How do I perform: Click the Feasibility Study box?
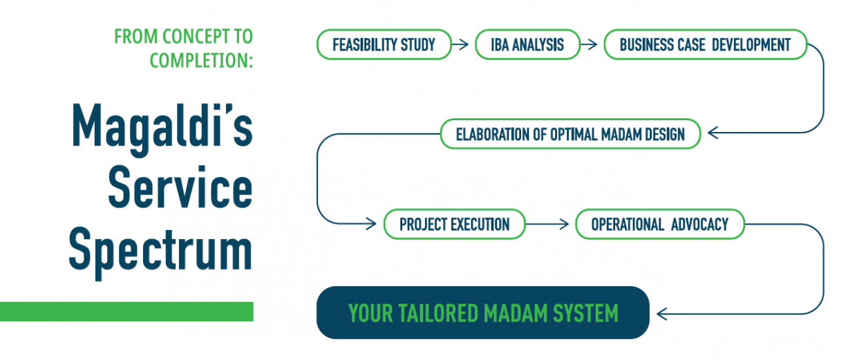tap(384, 45)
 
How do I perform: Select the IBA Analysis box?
tap(527, 45)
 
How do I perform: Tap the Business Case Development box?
tap(705, 45)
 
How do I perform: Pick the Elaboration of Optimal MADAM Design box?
tap(570, 134)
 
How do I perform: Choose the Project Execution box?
tap(454, 224)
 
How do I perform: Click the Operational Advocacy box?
tap(659, 224)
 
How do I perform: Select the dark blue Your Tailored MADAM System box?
tap(482, 313)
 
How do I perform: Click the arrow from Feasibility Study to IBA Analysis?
tap(460, 45)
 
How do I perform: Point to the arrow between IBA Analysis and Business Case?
tap(589, 45)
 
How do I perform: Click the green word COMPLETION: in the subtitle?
tap(201, 61)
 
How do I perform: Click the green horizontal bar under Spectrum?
tap(126, 312)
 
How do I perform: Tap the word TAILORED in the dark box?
tap(440, 314)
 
